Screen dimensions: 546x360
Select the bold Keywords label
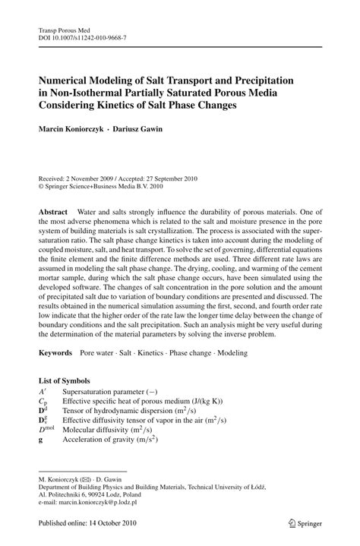click(55, 353)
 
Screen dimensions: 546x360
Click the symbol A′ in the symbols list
click(43, 390)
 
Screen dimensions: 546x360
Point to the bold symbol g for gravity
click(41, 438)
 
